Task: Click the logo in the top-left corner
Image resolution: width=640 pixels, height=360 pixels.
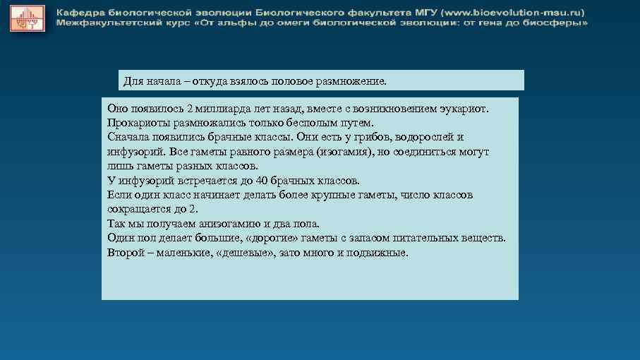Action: pos(26,18)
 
